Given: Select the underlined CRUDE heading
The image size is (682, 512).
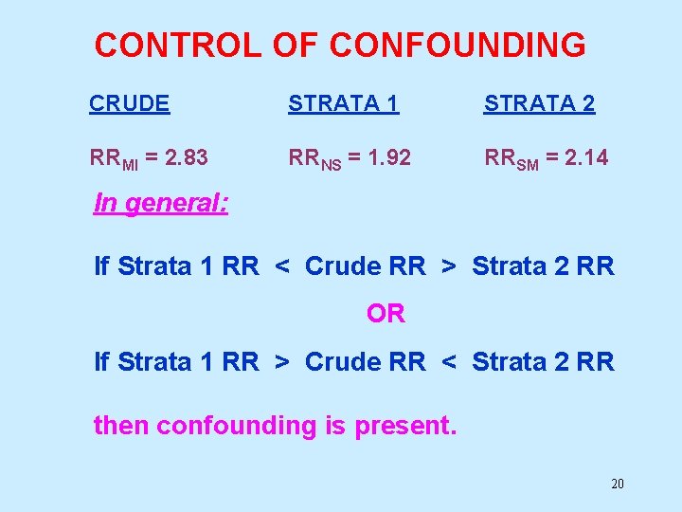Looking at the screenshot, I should [x=130, y=104].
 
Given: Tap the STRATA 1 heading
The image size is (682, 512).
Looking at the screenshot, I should [x=344, y=104].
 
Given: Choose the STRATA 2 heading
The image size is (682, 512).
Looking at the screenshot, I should [x=540, y=104].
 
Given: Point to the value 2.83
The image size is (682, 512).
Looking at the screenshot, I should [x=186, y=157].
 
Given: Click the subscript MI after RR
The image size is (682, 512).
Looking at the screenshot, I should [x=130, y=163].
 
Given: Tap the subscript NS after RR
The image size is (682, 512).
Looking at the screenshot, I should [x=331, y=163].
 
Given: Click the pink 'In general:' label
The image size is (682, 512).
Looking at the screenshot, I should [x=161, y=204].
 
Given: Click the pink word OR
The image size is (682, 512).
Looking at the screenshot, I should [x=386, y=314].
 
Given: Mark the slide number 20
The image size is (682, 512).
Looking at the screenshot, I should [x=618, y=485].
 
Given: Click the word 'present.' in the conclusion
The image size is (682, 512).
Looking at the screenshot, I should [x=405, y=426].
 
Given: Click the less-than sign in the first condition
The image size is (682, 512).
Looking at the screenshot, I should [x=282, y=267].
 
